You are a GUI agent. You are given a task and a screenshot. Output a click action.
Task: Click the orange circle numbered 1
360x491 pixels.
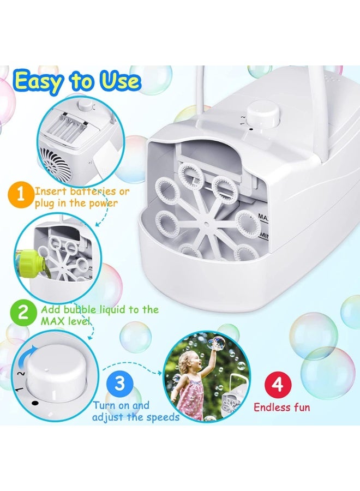[x=21, y=195]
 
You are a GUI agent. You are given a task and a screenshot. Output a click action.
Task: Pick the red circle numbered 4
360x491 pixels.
[x=278, y=385]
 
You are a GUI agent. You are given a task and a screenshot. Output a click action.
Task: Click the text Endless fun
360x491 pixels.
[x=281, y=407]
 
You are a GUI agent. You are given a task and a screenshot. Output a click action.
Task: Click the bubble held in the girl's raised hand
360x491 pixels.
[x=217, y=343]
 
